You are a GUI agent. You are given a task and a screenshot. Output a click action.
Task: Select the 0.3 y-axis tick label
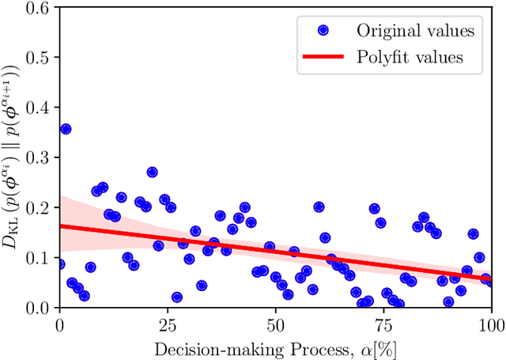pos(40,157)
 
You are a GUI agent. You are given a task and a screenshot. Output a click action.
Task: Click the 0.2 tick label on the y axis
pos(40,207)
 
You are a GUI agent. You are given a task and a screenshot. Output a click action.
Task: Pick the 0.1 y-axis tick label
pos(40,256)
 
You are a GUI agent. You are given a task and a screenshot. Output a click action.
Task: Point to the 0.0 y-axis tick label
pos(40,306)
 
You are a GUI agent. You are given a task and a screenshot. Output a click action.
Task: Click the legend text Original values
pos(415,31)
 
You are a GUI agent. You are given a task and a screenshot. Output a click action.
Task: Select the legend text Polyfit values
pos(410,57)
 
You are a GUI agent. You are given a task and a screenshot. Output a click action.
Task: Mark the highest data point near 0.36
pos(66,128)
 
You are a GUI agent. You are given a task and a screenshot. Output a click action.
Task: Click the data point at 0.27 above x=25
pos(152,172)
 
